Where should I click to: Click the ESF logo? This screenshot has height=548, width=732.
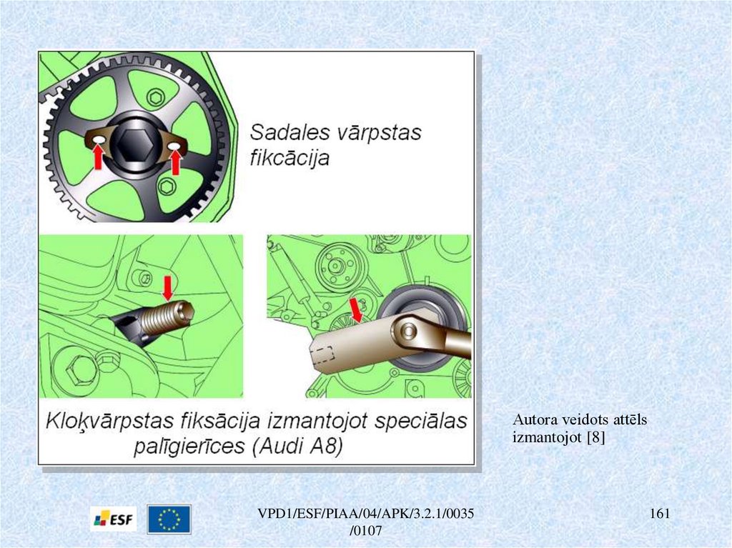(114, 519)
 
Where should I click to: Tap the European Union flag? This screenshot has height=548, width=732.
(169, 519)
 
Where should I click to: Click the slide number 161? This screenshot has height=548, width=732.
(660, 514)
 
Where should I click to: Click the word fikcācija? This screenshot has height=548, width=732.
(290, 158)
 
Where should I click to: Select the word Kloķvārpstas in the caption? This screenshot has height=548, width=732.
(109, 421)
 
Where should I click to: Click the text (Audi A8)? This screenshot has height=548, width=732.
(297, 447)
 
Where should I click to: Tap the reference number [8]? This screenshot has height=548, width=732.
(595, 437)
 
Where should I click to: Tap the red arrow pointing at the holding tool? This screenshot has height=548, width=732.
(356, 310)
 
